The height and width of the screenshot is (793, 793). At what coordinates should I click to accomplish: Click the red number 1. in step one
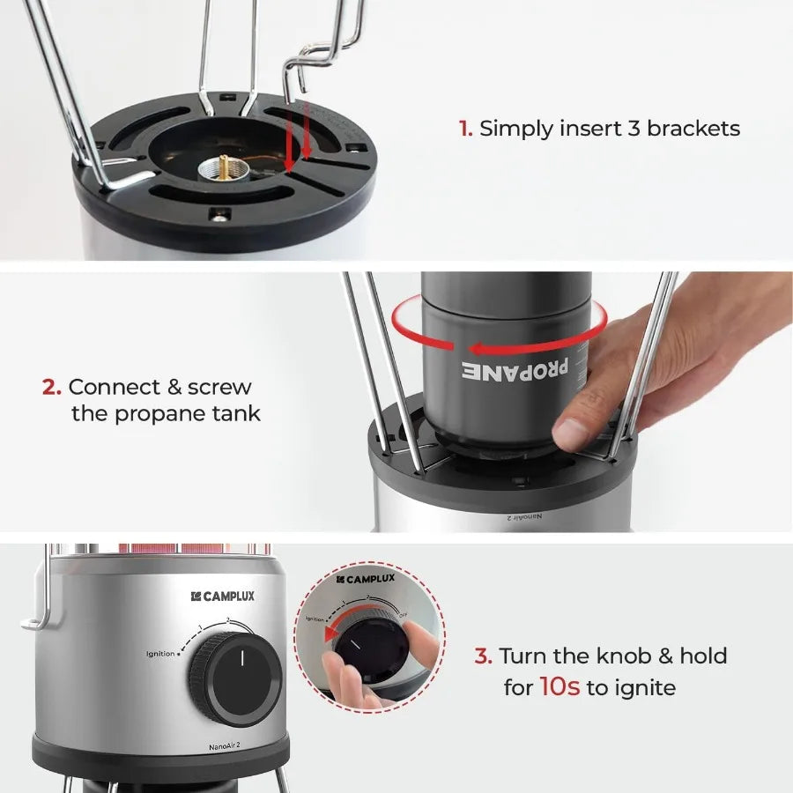tap(465, 129)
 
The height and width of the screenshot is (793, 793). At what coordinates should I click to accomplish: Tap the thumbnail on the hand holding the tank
tap(571, 433)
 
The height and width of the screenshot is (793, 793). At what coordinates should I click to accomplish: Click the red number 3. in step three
tap(483, 656)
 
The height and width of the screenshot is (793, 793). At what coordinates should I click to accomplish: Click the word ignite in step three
tap(645, 687)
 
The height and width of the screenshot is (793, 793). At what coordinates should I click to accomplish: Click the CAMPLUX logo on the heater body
tap(222, 597)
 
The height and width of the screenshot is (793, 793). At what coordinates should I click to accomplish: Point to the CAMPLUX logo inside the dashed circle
tap(365, 579)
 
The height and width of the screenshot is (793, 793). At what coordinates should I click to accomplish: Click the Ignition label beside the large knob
tap(160, 653)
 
